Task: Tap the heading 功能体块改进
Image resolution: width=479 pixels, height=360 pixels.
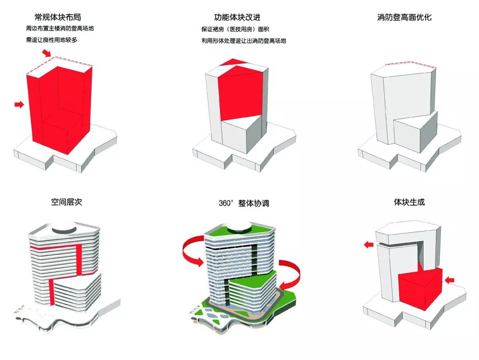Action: coord(237,18)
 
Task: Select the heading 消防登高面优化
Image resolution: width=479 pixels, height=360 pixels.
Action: coord(404,18)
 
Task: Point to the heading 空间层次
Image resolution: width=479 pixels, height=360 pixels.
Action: coord(67,203)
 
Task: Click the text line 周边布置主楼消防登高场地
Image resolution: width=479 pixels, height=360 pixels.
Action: coord(60,29)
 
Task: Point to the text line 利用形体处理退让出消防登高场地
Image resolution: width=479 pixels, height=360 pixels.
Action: coord(243,40)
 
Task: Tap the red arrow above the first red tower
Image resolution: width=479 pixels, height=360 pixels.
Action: coord(47,53)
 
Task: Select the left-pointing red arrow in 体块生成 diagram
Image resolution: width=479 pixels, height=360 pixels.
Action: coord(368,244)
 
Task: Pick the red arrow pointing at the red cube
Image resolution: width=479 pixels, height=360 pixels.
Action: coord(449,280)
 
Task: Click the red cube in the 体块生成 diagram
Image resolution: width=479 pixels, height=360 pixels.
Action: coord(420,288)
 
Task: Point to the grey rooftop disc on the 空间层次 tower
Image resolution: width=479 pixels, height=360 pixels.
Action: coord(65,230)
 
